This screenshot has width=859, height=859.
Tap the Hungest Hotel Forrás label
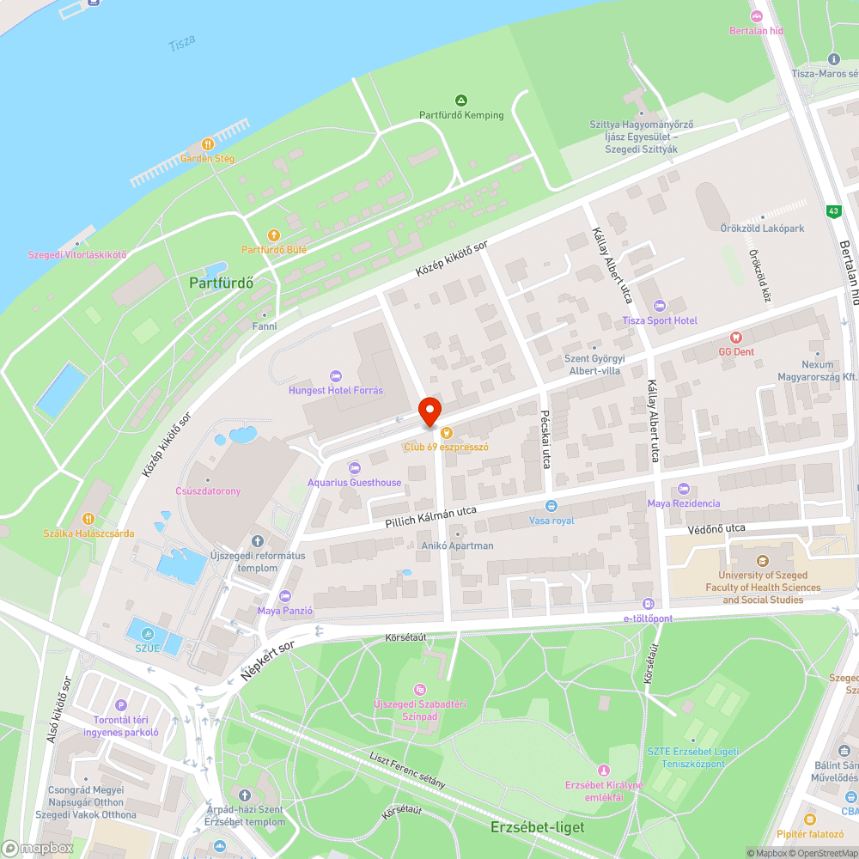pos(336,390)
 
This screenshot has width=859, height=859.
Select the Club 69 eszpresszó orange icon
pos(446,433)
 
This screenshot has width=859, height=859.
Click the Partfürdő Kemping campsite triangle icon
pos(461,101)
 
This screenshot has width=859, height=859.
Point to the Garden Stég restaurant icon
pos(207,144)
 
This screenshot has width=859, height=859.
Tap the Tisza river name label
pos(182,41)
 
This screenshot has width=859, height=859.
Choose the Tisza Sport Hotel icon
pos(660,306)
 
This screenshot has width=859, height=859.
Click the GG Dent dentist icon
pos(735,338)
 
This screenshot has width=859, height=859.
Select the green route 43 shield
pos(833,211)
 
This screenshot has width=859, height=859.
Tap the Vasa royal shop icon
pos(551,506)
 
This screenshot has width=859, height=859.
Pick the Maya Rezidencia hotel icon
pos(684,489)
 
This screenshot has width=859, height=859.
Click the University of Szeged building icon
pos(762,562)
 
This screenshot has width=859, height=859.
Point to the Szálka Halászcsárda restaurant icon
pos(88,519)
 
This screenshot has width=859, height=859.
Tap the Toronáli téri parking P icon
pos(120,705)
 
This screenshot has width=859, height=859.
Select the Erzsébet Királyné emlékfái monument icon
pos(604,771)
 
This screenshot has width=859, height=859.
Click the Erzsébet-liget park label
pos(538,827)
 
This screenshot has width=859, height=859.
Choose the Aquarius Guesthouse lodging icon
pos(355,468)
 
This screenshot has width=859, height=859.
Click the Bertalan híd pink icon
pos(757,16)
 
